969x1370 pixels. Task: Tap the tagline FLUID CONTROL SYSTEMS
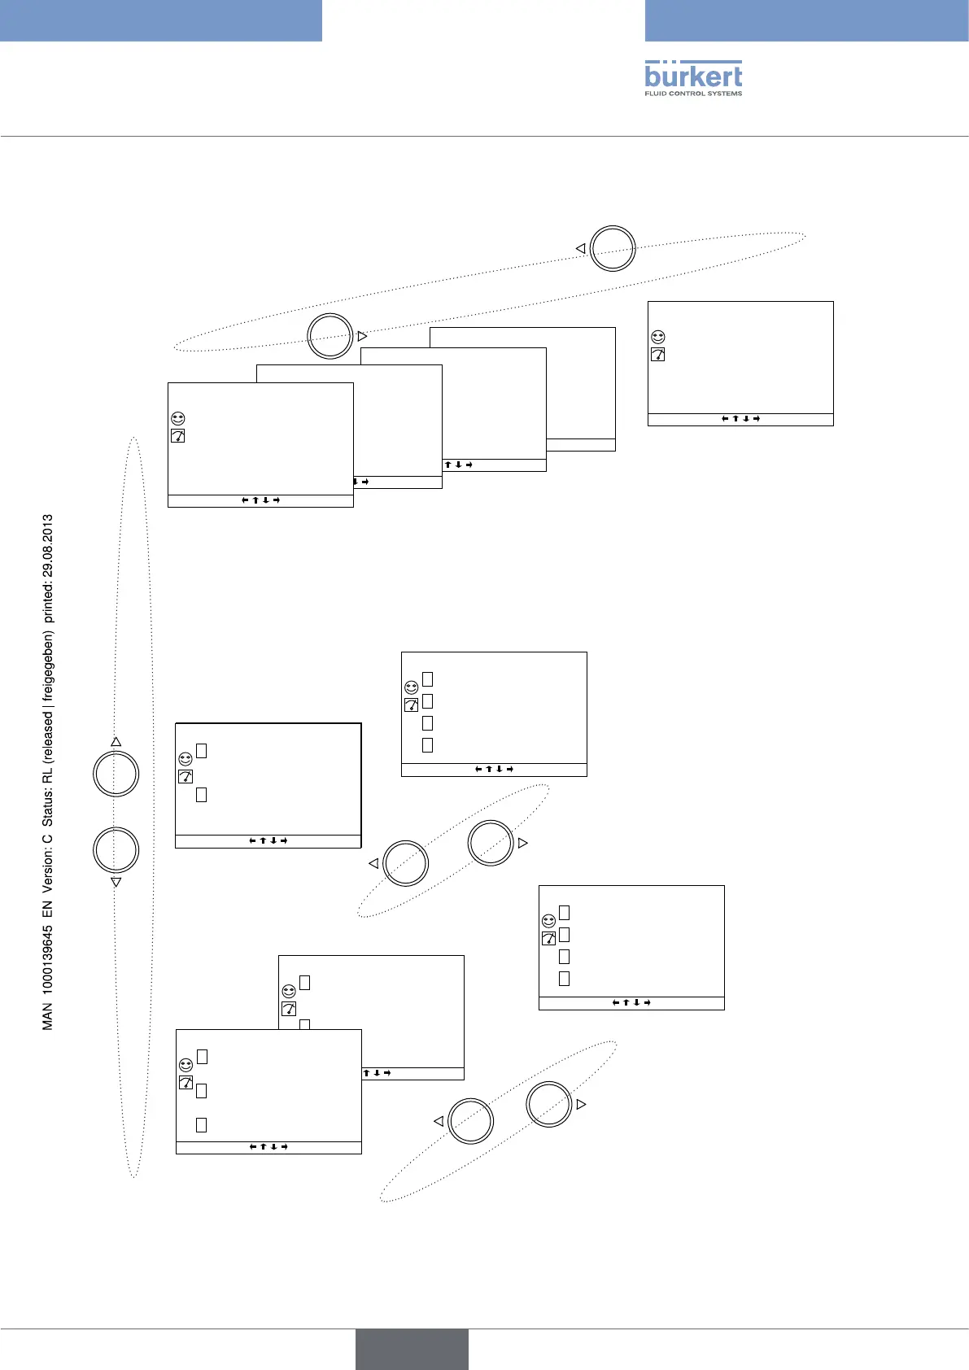point(693,94)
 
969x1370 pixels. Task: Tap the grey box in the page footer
point(412,1349)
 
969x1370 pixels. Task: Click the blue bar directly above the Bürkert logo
point(806,20)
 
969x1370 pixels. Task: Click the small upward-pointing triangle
point(116,742)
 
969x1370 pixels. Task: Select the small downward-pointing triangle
point(116,882)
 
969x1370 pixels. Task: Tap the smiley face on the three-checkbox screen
point(186,1064)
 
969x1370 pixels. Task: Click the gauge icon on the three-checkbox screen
point(186,1083)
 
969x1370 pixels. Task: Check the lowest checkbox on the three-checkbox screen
point(202,1125)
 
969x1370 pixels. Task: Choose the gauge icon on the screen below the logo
point(657,355)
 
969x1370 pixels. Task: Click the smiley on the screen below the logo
point(657,337)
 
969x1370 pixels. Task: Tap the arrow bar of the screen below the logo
point(740,419)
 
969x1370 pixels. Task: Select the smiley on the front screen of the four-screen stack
point(177,418)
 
